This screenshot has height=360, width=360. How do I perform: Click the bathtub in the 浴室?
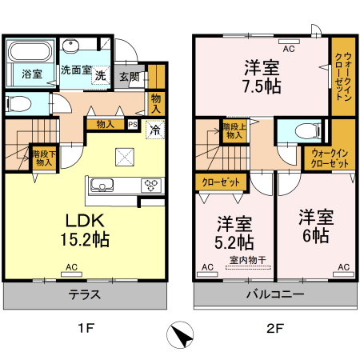point(30,51)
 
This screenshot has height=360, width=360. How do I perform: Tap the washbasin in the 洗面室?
point(70,46)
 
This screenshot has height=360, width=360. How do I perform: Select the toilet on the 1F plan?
point(18,103)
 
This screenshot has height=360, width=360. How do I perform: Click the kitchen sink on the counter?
point(102,185)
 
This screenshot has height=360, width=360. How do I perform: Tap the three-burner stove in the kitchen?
point(151,185)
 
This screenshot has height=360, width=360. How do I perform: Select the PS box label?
point(133,124)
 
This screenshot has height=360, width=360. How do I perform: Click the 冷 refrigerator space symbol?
point(155,130)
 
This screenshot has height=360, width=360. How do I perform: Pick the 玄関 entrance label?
point(130,77)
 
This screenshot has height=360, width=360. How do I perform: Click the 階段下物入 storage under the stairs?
point(44,158)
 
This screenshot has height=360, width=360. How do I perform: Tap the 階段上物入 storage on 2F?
point(234,130)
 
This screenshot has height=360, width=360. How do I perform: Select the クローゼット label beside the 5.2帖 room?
point(221,182)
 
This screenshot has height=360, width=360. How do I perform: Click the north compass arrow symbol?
point(180,334)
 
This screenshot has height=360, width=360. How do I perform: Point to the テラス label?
point(85,294)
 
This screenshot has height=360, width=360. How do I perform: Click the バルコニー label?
point(275,294)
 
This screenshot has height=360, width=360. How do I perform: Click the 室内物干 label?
point(248,260)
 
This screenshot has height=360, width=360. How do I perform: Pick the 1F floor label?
point(86,328)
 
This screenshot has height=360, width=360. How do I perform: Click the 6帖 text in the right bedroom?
point(316,235)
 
